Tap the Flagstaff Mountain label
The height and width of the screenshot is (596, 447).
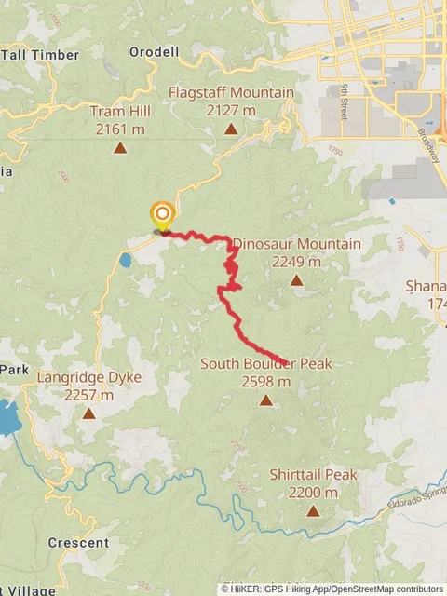tap(231, 93)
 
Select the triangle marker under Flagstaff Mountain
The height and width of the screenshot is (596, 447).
tap(231, 129)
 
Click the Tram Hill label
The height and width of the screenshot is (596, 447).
tap(121, 112)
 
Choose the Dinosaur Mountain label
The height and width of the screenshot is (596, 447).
tap(296, 244)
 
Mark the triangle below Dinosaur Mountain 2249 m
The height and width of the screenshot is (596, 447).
tap(296, 279)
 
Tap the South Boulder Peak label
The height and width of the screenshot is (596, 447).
tap(265, 363)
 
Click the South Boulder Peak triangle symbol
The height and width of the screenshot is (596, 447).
tap(265, 400)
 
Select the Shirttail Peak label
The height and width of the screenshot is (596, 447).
tap(313, 475)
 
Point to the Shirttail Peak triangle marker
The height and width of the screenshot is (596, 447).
tap(313, 510)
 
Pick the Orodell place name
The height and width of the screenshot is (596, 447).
tap(155, 52)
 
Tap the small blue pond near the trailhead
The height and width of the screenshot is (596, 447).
tap(125, 261)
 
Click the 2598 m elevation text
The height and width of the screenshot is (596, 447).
tap(265, 381)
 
